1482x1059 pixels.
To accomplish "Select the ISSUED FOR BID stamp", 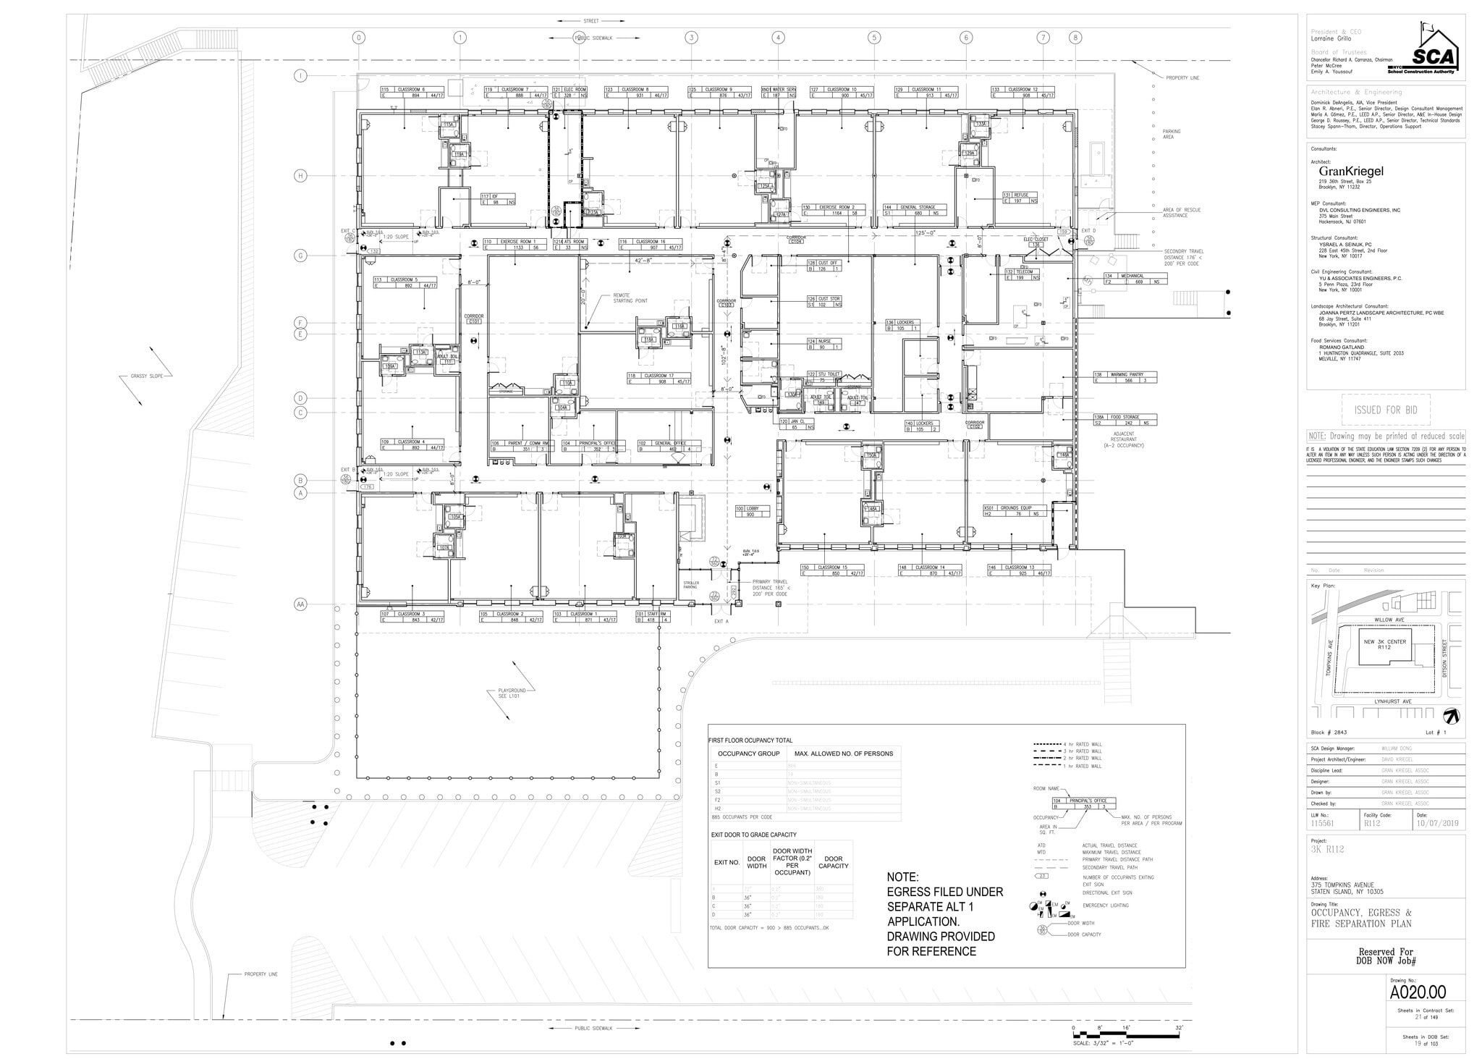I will [1385, 410].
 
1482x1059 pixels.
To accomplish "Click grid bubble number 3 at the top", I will [691, 38].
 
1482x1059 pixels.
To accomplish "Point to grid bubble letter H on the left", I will [301, 176].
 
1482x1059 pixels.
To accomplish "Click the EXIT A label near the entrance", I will [721, 621].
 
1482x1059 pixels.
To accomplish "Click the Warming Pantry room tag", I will [1125, 377].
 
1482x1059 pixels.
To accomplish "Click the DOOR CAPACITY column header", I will [833, 862].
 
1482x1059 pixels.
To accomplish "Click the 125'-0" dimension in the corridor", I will [925, 233].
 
